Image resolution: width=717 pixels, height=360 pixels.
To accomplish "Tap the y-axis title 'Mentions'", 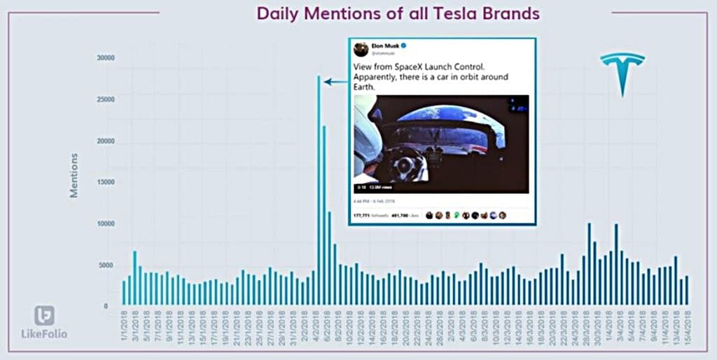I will coord(74,175).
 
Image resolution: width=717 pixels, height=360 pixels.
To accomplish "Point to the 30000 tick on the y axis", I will coord(105,58).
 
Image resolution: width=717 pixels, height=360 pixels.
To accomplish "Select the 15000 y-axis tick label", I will coord(105,182).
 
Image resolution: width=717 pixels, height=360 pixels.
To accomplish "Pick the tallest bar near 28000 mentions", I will coord(319,189).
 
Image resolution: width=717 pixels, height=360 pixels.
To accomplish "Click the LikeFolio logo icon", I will coord(44,315).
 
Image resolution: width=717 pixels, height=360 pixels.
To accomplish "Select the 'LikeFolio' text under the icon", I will coord(44,333).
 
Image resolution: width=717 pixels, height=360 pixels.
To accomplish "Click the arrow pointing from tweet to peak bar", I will coord(336,82).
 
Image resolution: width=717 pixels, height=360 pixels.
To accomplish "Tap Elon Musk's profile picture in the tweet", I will coord(361,49).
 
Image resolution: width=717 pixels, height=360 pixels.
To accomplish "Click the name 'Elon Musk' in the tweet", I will coord(384,46).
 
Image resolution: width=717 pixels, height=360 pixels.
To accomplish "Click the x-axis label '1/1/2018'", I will coord(125,325).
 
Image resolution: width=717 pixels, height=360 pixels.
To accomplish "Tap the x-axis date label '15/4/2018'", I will coord(688,325).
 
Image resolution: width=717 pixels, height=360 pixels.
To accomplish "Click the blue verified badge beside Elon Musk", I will coord(405,46).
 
